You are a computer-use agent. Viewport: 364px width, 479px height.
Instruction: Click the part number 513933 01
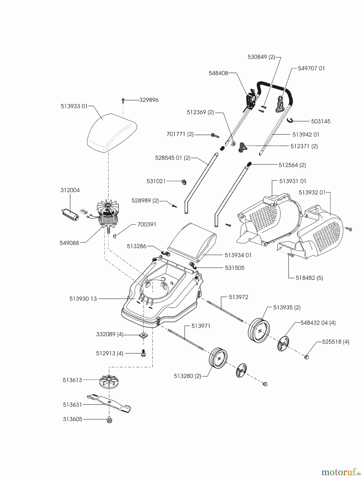(x=74, y=106)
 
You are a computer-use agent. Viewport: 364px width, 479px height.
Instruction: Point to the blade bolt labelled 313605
(x=109, y=420)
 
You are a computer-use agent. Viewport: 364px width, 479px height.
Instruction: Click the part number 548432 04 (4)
(x=318, y=323)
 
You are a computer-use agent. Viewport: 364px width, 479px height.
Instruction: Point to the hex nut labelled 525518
(x=306, y=357)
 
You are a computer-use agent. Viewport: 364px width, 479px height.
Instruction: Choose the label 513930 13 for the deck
(x=83, y=299)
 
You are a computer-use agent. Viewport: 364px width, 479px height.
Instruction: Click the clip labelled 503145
(x=290, y=121)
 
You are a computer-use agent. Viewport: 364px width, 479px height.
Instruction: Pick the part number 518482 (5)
(x=309, y=278)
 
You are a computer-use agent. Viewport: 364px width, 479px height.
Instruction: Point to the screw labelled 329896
(x=123, y=101)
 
